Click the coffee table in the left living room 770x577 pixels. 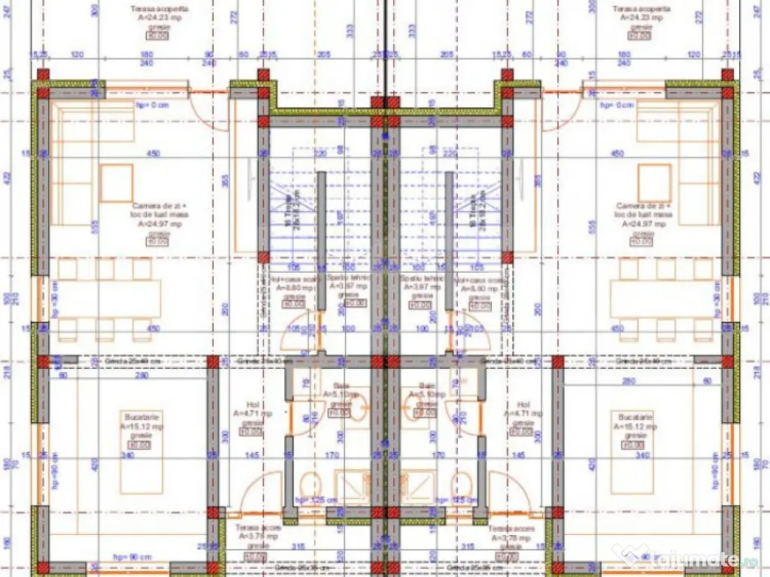117,183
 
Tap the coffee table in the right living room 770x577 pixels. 654,183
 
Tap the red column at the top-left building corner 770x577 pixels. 44,75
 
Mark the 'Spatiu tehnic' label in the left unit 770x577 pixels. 347,282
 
